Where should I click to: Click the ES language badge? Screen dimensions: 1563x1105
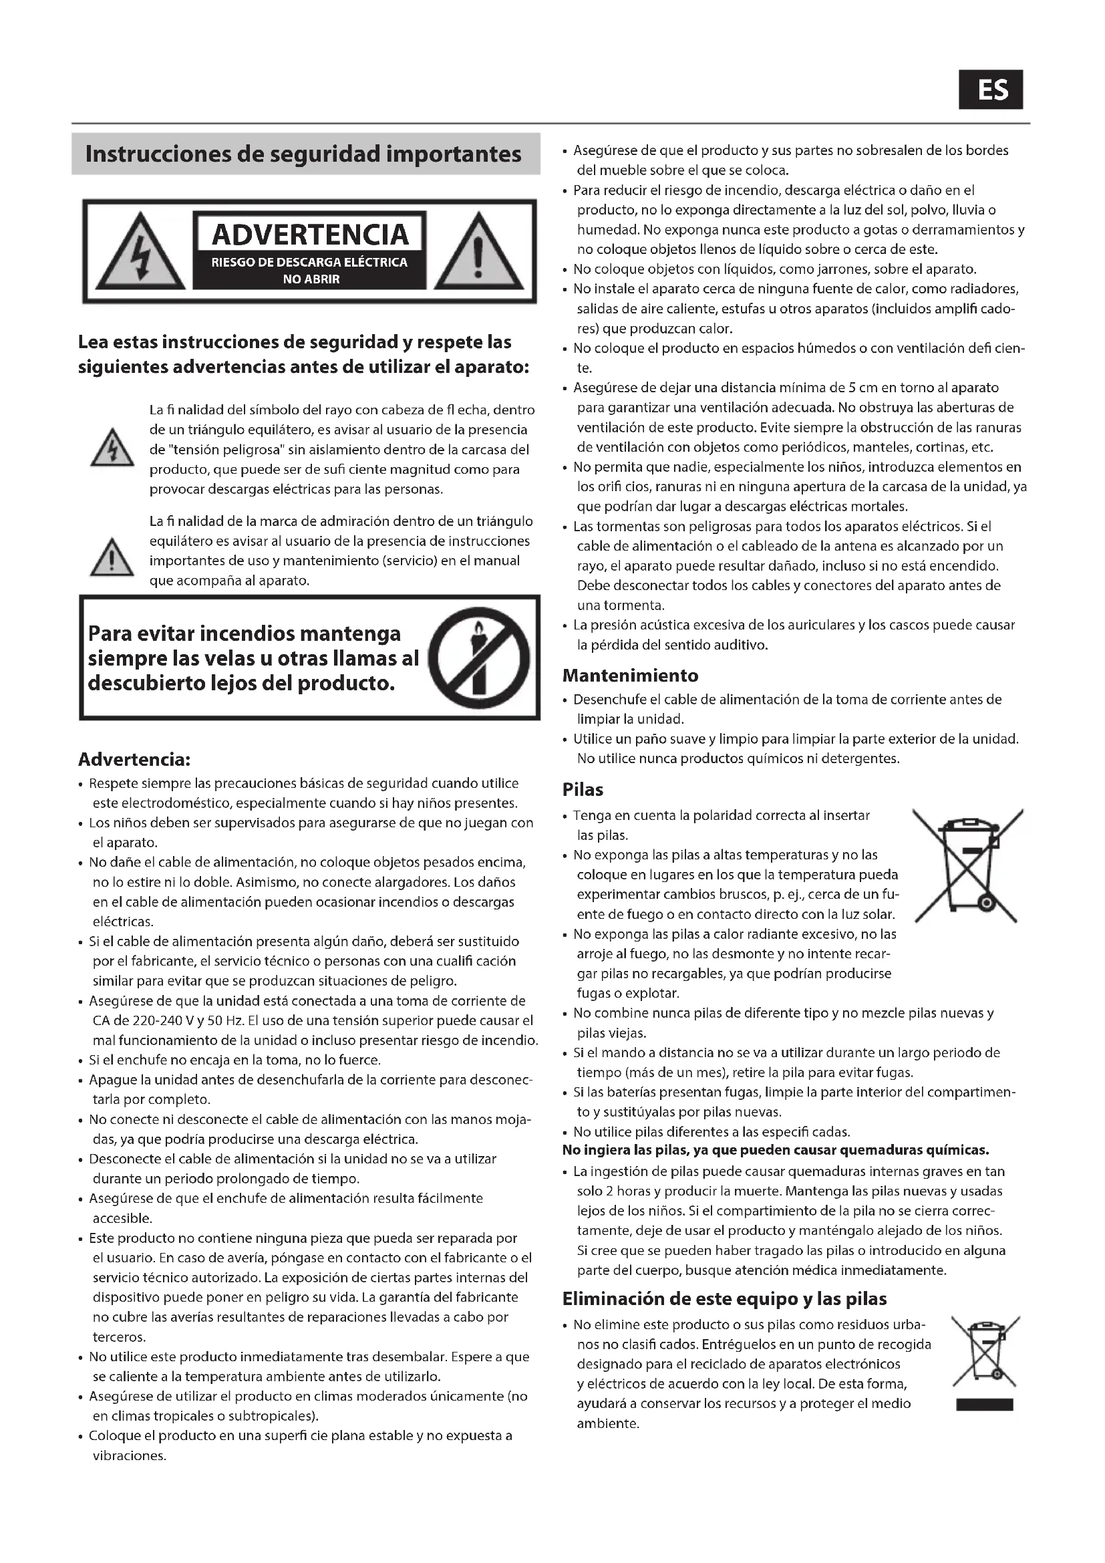[x=991, y=89]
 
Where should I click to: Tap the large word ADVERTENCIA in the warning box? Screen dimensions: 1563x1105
[x=310, y=234]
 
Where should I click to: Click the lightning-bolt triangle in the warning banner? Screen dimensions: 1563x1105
[x=140, y=252]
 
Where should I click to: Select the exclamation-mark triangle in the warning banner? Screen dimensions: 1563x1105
[x=478, y=252]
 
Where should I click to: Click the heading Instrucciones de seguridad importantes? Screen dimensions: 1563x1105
[x=303, y=154]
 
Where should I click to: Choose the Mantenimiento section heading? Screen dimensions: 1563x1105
[x=630, y=676]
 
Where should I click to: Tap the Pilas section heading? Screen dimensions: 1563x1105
[x=583, y=790]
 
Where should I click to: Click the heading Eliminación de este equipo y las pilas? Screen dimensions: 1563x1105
[x=724, y=1299]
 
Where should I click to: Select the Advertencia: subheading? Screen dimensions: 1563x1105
[x=134, y=758]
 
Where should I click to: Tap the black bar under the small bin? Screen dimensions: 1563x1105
[x=984, y=1405]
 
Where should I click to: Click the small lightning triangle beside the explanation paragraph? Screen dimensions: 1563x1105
[x=112, y=448]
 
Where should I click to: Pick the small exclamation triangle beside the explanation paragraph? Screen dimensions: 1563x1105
[x=112, y=557]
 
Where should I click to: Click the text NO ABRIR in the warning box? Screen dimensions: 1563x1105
[x=310, y=279]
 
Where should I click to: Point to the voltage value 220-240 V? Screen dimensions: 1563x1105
[x=147, y=1020]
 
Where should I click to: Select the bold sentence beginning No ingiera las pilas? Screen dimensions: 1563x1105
[x=775, y=1151]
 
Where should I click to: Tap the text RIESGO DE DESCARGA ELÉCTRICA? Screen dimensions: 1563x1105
[x=310, y=262]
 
